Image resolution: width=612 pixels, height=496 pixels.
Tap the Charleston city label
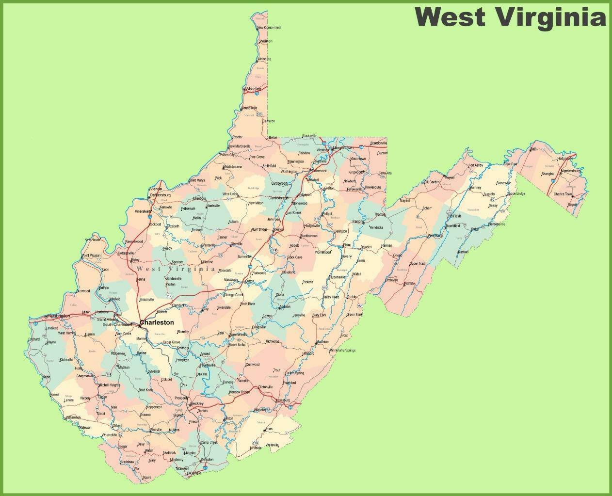[157, 322]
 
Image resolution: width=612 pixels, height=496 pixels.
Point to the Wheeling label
[253, 89]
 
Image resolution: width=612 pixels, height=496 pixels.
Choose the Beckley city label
[197, 403]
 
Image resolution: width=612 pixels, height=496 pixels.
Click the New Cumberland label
[269, 28]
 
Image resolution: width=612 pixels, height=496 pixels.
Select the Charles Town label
[563, 194]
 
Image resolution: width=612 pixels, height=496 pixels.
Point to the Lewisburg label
[282, 400]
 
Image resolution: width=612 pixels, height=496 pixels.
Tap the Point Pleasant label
[92, 256]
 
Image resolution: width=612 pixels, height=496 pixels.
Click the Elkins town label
[347, 245]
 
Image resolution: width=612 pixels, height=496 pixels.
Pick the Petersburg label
[435, 236]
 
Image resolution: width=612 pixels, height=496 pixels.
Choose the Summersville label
[238, 335]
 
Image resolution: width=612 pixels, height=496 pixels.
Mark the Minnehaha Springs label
[342, 350]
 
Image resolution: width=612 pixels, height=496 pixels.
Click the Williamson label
[73, 417]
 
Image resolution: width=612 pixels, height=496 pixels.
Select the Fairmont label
[319, 171]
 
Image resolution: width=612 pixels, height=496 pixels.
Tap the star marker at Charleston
[140, 325]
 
